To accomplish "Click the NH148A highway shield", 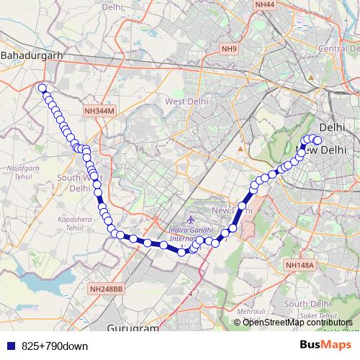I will tap(300, 265).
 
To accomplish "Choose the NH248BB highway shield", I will tap(107, 289).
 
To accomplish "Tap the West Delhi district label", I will tap(186, 102).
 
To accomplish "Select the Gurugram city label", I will tap(132, 328).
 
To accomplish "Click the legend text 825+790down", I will tap(55, 346).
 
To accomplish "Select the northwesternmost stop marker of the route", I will tap(42, 89).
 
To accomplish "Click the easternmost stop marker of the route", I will tap(318, 140).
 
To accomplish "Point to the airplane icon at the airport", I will tap(189, 219).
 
